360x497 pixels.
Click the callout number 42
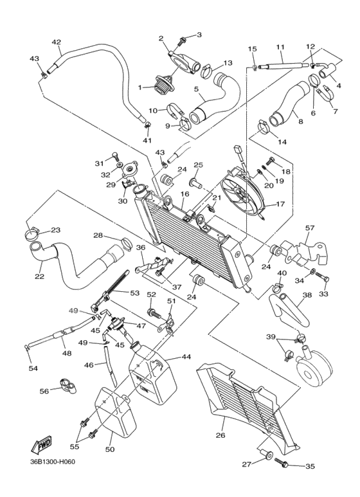pyautogui.click(x=56, y=42)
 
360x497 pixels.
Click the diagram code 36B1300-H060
pyautogui.click(x=57, y=480)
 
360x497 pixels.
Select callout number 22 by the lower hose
pyautogui.click(x=39, y=276)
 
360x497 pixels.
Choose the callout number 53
pyautogui.click(x=134, y=293)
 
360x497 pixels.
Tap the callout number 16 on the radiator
pyautogui.click(x=184, y=194)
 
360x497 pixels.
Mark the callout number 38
pyautogui.click(x=307, y=296)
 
